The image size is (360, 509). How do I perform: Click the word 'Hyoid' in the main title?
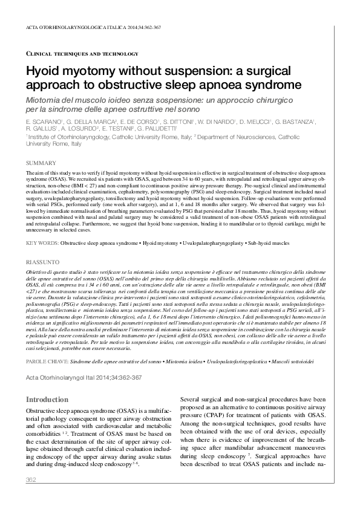pos(47,71)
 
